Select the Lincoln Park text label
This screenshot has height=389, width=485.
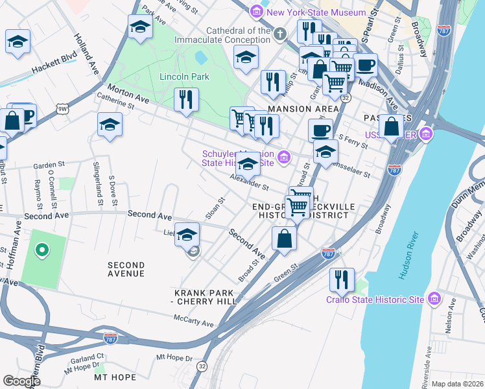pyautogui.click(x=184, y=77)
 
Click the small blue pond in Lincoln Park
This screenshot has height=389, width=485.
pyautogui.click(x=200, y=58)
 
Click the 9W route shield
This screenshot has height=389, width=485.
pyautogui.click(x=62, y=110)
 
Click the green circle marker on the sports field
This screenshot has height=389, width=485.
pyautogui.click(x=42, y=249)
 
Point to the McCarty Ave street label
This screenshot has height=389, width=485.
pyautogui.click(x=193, y=320)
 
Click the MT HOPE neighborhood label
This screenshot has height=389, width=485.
pyautogui.click(x=115, y=377)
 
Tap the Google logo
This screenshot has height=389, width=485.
pyautogui.click(x=22, y=381)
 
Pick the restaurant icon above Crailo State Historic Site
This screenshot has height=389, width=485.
pyautogui.click(x=342, y=279)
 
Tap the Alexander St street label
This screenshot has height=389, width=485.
pyautogui.click(x=248, y=181)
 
